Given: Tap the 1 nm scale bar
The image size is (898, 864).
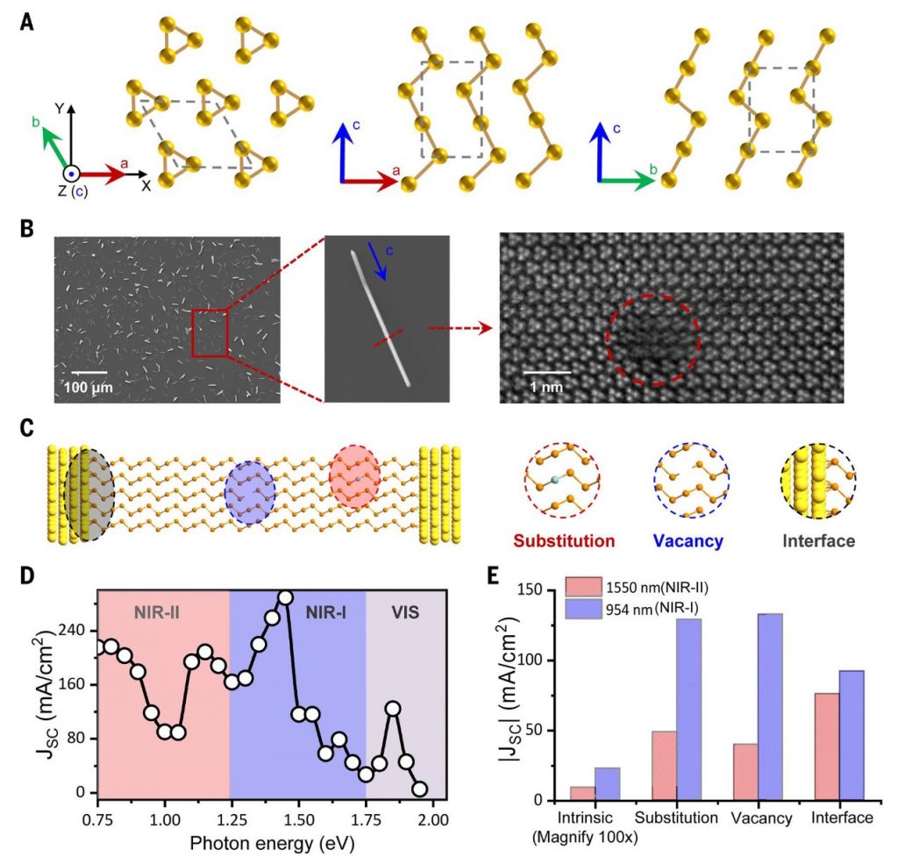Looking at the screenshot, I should pos(546,372).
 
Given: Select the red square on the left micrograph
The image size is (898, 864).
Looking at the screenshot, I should pos(210,333).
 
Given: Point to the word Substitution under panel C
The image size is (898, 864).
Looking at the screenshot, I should pos(560,540).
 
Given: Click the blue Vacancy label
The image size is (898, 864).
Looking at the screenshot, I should pos(689,540).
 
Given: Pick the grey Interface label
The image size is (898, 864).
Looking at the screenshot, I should pos(818,540).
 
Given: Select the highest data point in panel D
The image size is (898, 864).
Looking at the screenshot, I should pos(284,598).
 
